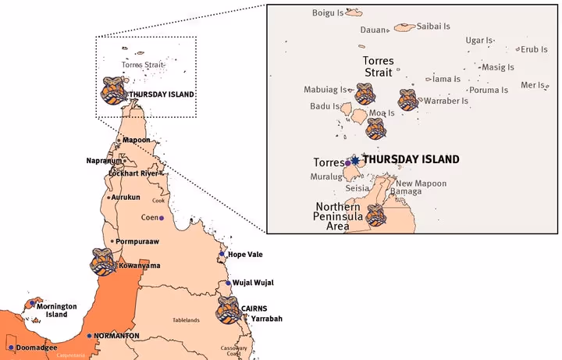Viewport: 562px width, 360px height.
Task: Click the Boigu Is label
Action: (x=327, y=12)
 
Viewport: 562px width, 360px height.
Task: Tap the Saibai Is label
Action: (x=434, y=26)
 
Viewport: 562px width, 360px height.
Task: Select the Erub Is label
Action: (x=535, y=49)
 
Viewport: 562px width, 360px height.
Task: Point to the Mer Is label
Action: (x=533, y=84)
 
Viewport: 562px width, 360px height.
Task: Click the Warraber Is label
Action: (x=445, y=101)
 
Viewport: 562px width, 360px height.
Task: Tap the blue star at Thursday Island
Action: (x=356, y=159)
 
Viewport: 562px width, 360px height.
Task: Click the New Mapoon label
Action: (x=421, y=184)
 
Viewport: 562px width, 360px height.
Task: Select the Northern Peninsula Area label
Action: (x=338, y=216)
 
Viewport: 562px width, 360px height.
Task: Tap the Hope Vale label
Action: (x=244, y=254)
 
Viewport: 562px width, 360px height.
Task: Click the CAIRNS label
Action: (x=254, y=308)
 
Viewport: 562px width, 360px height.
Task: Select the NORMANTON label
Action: (x=116, y=336)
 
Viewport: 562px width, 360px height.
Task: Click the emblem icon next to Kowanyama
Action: (x=104, y=262)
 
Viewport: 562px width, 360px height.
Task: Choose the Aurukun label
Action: (x=126, y=198)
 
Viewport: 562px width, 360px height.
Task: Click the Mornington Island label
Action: (x=56, y=311)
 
